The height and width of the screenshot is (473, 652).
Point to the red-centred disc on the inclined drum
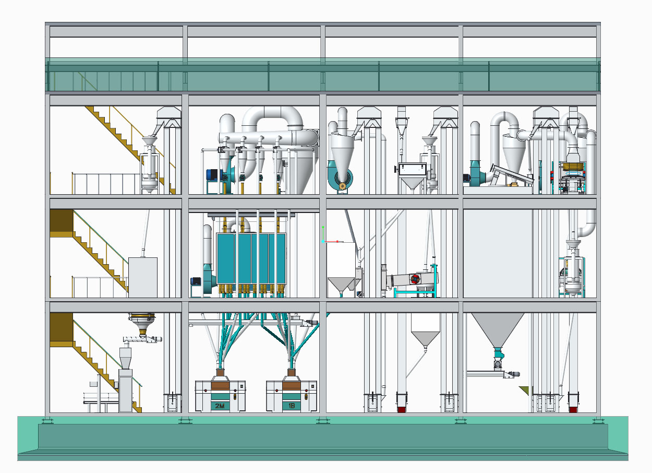416,279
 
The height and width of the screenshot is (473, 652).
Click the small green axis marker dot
323,227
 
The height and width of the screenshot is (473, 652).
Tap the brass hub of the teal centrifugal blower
342,185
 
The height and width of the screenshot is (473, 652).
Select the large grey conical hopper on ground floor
498,329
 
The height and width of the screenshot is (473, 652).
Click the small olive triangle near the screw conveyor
524,390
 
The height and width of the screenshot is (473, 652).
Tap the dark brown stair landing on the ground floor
61,329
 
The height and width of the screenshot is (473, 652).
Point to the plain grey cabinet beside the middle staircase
142,277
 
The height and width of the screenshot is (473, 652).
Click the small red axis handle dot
337,241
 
